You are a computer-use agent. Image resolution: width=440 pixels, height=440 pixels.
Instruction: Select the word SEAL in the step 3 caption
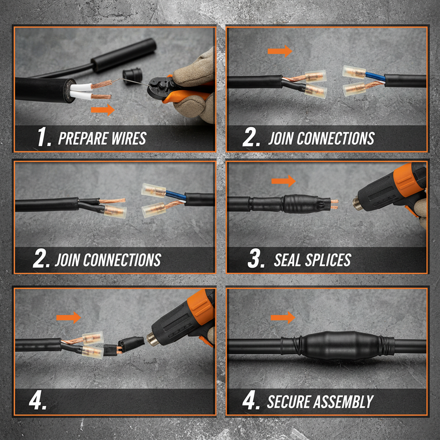coord(289,260)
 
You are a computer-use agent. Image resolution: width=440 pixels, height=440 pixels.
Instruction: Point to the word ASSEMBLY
coord(346,402)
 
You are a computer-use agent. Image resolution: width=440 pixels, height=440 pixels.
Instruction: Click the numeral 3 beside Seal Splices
coord(256,260)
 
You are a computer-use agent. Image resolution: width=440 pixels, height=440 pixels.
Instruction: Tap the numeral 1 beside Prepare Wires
coord(43,138)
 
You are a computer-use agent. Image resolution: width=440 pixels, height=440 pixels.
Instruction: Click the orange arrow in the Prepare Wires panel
coord(103,110)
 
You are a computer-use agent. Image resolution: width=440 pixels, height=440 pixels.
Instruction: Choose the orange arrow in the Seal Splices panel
coord(284,181)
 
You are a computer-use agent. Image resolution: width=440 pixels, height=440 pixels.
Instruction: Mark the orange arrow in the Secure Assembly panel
coord(283,318)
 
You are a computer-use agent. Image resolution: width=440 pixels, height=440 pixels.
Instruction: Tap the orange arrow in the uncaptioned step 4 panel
coord(69,318)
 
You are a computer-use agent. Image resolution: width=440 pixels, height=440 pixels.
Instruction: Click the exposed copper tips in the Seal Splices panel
coord(334,204)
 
